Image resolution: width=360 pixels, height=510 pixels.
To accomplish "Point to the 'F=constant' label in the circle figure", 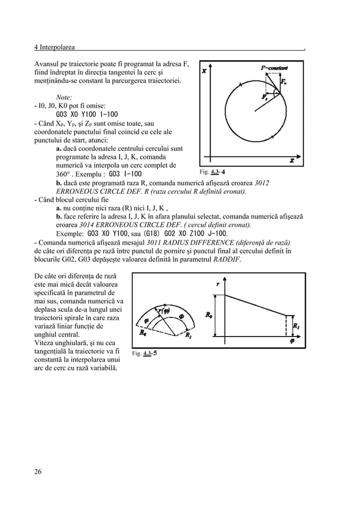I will (x=274, y=68).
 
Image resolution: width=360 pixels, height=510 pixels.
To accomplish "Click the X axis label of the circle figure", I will (x=204, y=71).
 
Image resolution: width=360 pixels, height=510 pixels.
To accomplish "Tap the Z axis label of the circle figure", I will (x=292, y=161).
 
